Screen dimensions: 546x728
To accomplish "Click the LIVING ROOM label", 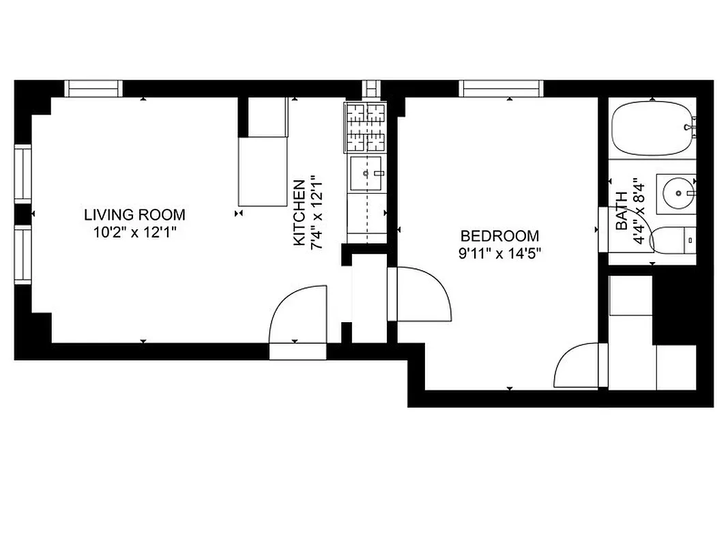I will (x=134, y=214).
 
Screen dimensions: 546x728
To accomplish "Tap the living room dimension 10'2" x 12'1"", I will (x=134, y=232).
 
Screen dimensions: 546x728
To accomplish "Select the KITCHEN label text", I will (x=299, y=213).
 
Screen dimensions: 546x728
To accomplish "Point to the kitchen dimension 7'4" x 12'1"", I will (x=315, y=213).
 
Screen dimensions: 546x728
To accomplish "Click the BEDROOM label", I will (x=499, y=236).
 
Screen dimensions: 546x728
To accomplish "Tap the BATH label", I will (x=622, y=210).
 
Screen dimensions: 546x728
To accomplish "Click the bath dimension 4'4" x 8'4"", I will (x=638, y=210).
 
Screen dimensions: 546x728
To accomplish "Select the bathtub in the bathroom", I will (x=652, y=128).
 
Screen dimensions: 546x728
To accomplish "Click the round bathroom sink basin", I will (x=678, y=192).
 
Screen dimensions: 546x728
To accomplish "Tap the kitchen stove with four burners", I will (x=366, y=128).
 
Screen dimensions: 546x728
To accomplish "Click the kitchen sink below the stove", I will (x=367, y=173).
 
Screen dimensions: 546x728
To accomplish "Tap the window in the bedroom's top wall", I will (x=501, y=89).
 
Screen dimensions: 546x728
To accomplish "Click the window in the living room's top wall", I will (x=94, y=89).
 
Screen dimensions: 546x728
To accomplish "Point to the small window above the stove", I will (x=372, y=89).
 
